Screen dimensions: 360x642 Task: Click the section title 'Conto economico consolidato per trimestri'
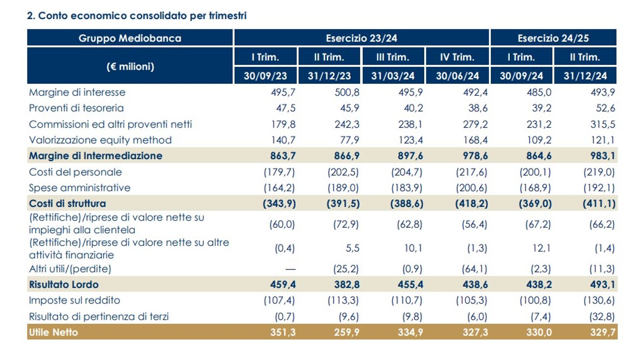click(x=137, y=16)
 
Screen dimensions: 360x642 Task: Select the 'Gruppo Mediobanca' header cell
click(x=130, y=38)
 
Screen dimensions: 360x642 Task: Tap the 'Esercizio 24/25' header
click(x=553, y=38)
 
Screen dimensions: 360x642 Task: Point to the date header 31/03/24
click(x=393, y=76)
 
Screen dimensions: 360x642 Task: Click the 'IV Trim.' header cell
click(x=457, y=57)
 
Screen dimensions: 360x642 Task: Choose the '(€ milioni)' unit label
click(x=130, y=66)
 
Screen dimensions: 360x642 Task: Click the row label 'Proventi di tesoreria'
click(x=76, y=108)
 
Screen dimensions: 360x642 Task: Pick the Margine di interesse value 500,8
click(x=347, y=92)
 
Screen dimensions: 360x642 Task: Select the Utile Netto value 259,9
click(x=346, y=332)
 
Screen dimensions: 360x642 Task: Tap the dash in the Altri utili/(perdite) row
click(x=290, y=269)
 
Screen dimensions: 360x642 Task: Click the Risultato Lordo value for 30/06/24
click(x=475, y=284)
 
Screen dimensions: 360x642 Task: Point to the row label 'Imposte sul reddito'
click(x=74, y=300)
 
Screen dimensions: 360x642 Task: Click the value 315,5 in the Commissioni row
click(x=603, y=124)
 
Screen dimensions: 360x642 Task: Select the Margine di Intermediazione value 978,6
click(x=475, y=156)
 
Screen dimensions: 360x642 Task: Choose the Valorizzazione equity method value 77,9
click(x=349, y=140)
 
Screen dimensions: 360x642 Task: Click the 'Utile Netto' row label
click(x=53, y=332)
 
